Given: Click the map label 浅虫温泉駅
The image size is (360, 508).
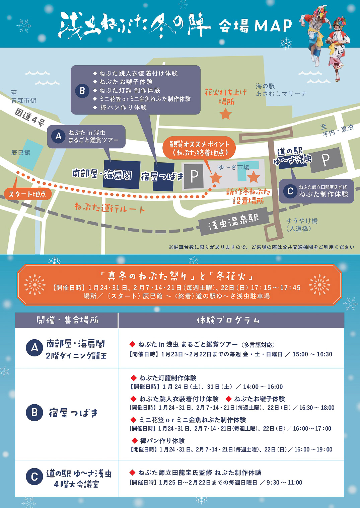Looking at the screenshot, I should tap(233, 221).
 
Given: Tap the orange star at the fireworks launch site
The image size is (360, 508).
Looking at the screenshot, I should tap(226, 114).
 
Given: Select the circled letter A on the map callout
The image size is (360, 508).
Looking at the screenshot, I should tap(59, 136).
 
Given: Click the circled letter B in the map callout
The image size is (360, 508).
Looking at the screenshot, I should tap(82, 90).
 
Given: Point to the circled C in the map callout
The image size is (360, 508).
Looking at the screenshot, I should tap(290, 191).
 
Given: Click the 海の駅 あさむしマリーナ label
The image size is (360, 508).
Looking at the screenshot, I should tap(281, 90).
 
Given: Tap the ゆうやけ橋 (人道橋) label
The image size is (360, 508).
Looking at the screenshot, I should tap(301, 225).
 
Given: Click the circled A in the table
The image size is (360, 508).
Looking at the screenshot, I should tap(34, 348).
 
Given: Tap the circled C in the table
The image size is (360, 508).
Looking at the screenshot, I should tap(34, 477).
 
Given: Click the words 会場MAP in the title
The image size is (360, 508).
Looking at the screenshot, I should tap(255, 26).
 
